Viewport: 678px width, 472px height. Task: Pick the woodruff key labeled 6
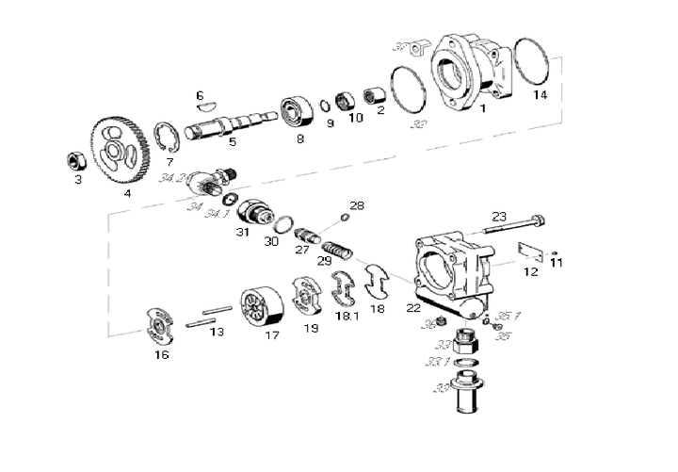coord(207,106)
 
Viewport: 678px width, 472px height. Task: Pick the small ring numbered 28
coord(344,219)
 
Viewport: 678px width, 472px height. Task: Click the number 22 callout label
coord(412,308)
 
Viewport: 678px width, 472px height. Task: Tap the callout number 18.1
coord(347,317)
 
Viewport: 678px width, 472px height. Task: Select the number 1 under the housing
coord(482,109)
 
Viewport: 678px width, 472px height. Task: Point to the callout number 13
coord(217,332)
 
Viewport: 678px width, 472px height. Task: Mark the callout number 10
coord(355,118)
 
